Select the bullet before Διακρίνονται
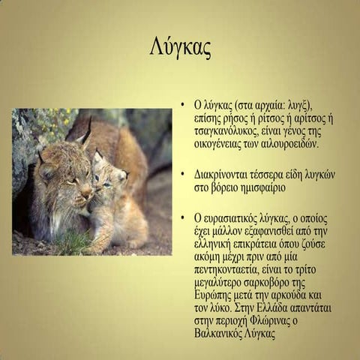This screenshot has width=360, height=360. point(182,173)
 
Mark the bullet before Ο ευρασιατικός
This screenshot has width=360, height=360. point(182,217)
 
